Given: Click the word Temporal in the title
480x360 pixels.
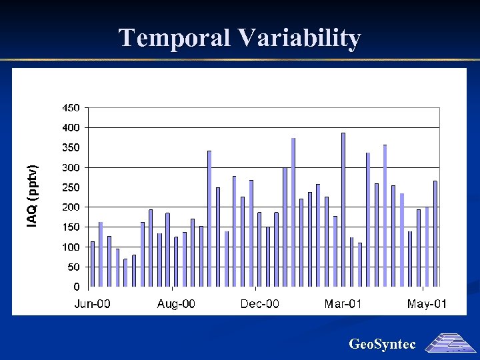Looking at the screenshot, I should [x=175, y=38].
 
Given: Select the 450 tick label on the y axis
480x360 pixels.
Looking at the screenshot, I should [x=71, y=107].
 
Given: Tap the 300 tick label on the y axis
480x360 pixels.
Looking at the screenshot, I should [x=71, y=167].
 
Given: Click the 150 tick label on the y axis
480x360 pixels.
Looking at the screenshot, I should [x=71, y=227].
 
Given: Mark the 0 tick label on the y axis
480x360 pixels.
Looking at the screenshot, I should [x=77, y=287].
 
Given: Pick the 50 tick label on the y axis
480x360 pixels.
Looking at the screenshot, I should [x=73, y=267].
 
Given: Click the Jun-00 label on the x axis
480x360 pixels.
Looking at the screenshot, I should [x=92, y=304].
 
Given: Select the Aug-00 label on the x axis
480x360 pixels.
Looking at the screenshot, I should [x=176, y=304].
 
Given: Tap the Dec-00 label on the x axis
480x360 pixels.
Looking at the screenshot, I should [x=260, y=304].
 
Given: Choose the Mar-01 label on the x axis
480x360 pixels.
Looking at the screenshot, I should [x=343, y=304].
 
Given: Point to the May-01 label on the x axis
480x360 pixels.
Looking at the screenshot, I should [x=427, y=304].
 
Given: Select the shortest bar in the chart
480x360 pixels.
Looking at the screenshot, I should [x=125, y=273].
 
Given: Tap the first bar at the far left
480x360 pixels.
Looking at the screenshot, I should [x=93, y=264].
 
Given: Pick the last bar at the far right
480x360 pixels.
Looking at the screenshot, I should [x=435, y=234].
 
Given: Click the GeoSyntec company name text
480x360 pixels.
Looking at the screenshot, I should [x=382, y=345].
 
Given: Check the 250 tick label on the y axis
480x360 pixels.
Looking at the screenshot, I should [x=71, y=187].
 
